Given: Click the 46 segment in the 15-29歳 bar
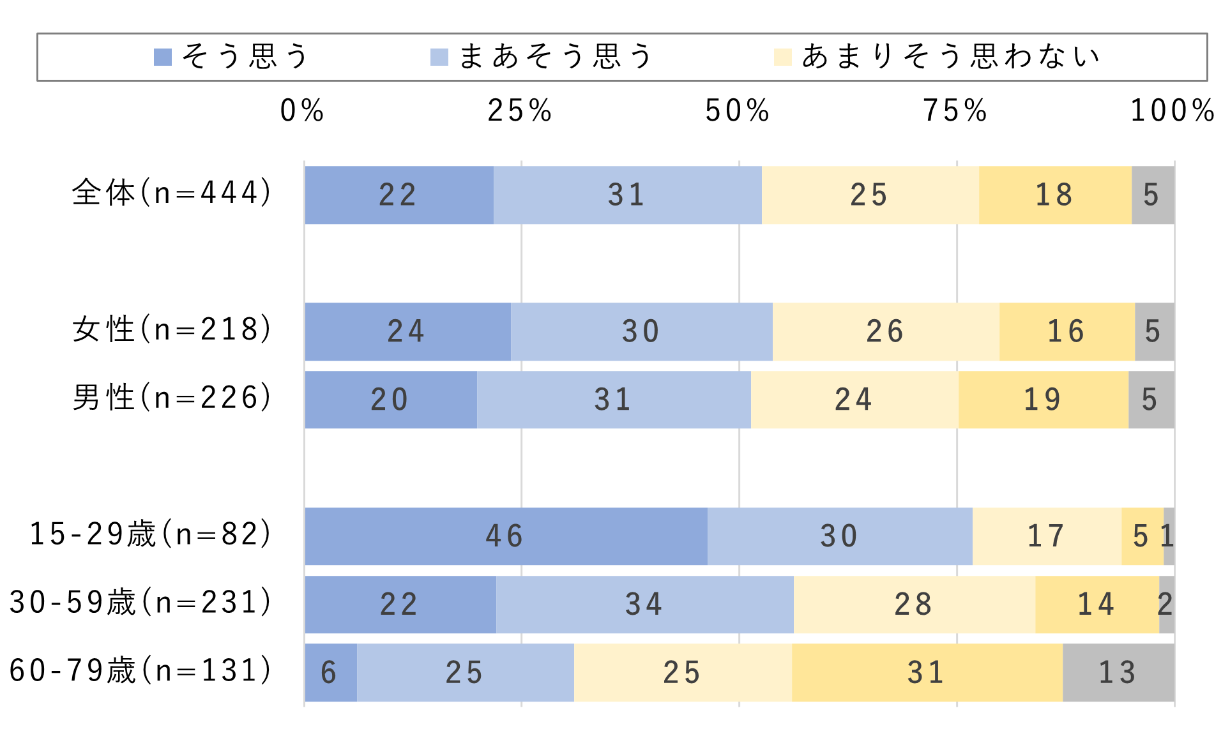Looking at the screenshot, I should (x=506, y=536).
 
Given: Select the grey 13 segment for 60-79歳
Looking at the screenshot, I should (x=1118, y=673).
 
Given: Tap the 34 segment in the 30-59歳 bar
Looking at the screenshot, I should (x=644, y=605).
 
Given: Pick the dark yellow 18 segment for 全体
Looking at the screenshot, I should (x=1054, y=195).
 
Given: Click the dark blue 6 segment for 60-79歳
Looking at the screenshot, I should (x=330, y=673).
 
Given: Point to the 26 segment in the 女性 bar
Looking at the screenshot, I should (x=885, y=332).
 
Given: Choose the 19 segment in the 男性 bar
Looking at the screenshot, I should (x=1043, y=400).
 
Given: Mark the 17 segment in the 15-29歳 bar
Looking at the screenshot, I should (x=1046, y=536).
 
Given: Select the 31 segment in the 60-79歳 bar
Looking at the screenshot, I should (x=927, y=673).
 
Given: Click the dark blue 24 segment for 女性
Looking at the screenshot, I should (x=407, y=332).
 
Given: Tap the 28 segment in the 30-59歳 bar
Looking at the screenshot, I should (x=914, y=605).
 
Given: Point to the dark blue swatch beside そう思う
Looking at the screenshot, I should (x=163, y=57).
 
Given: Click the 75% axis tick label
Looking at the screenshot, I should (x=955, y=111).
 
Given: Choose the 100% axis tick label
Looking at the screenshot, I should (x=1173, y=111).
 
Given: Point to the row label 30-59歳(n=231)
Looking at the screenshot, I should (x=141, y=603).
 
